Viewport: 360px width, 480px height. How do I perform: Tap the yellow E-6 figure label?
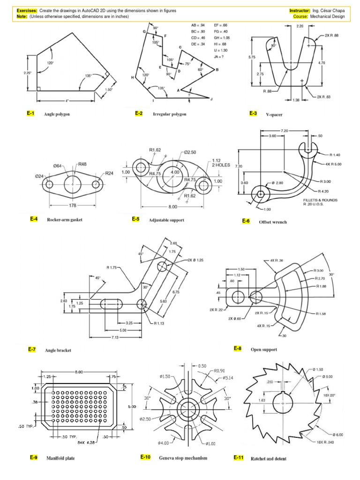246,221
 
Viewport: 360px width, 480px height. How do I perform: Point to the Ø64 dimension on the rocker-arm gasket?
58,165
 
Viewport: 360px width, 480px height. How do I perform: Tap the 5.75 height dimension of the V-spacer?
252,57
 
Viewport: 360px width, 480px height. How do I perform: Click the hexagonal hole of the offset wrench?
260,194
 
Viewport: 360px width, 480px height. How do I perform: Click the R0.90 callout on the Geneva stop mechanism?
220,371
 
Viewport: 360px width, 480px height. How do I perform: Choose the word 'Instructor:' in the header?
300,10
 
